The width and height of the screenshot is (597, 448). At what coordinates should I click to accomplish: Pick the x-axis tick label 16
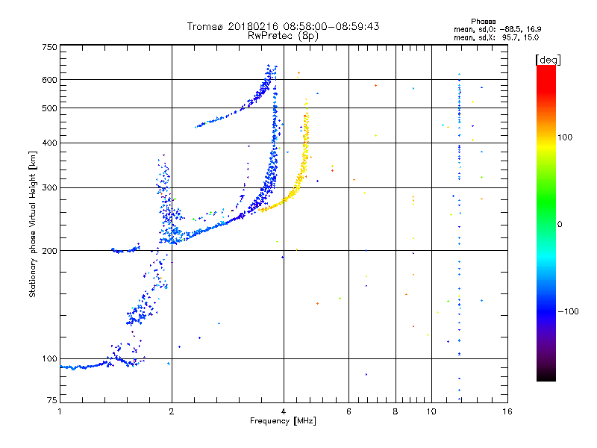[507, 411]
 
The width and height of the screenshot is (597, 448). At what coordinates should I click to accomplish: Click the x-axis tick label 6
[348, 411]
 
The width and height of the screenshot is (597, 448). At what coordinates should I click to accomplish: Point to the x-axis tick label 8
[396, 411]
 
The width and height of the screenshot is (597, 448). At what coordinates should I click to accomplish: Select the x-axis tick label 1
[60, 411]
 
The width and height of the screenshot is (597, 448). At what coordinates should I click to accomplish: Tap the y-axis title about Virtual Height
[33, 224]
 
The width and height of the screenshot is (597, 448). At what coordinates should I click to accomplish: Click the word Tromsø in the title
[207, 26]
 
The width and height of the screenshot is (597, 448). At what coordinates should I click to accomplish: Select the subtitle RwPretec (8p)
[283, 35]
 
